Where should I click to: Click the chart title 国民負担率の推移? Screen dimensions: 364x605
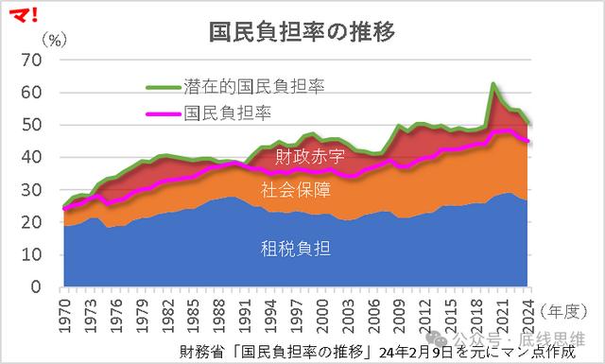pyautogui.click(x=302, y=31)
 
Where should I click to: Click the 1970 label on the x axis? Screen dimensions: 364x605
pyautogui.click(x=65, y=313)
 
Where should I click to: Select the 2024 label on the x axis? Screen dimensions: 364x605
pyautogui.click(x=528, y=313)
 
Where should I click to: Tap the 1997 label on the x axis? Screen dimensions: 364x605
pyautogui.click(x=297, y=313)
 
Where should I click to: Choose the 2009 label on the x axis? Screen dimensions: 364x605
pyautogui.click(x=400, y=313)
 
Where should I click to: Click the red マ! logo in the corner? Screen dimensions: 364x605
pyautogui.click(x=20, y=14)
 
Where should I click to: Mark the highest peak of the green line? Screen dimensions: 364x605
pyautogui.click(x=493, y=84)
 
